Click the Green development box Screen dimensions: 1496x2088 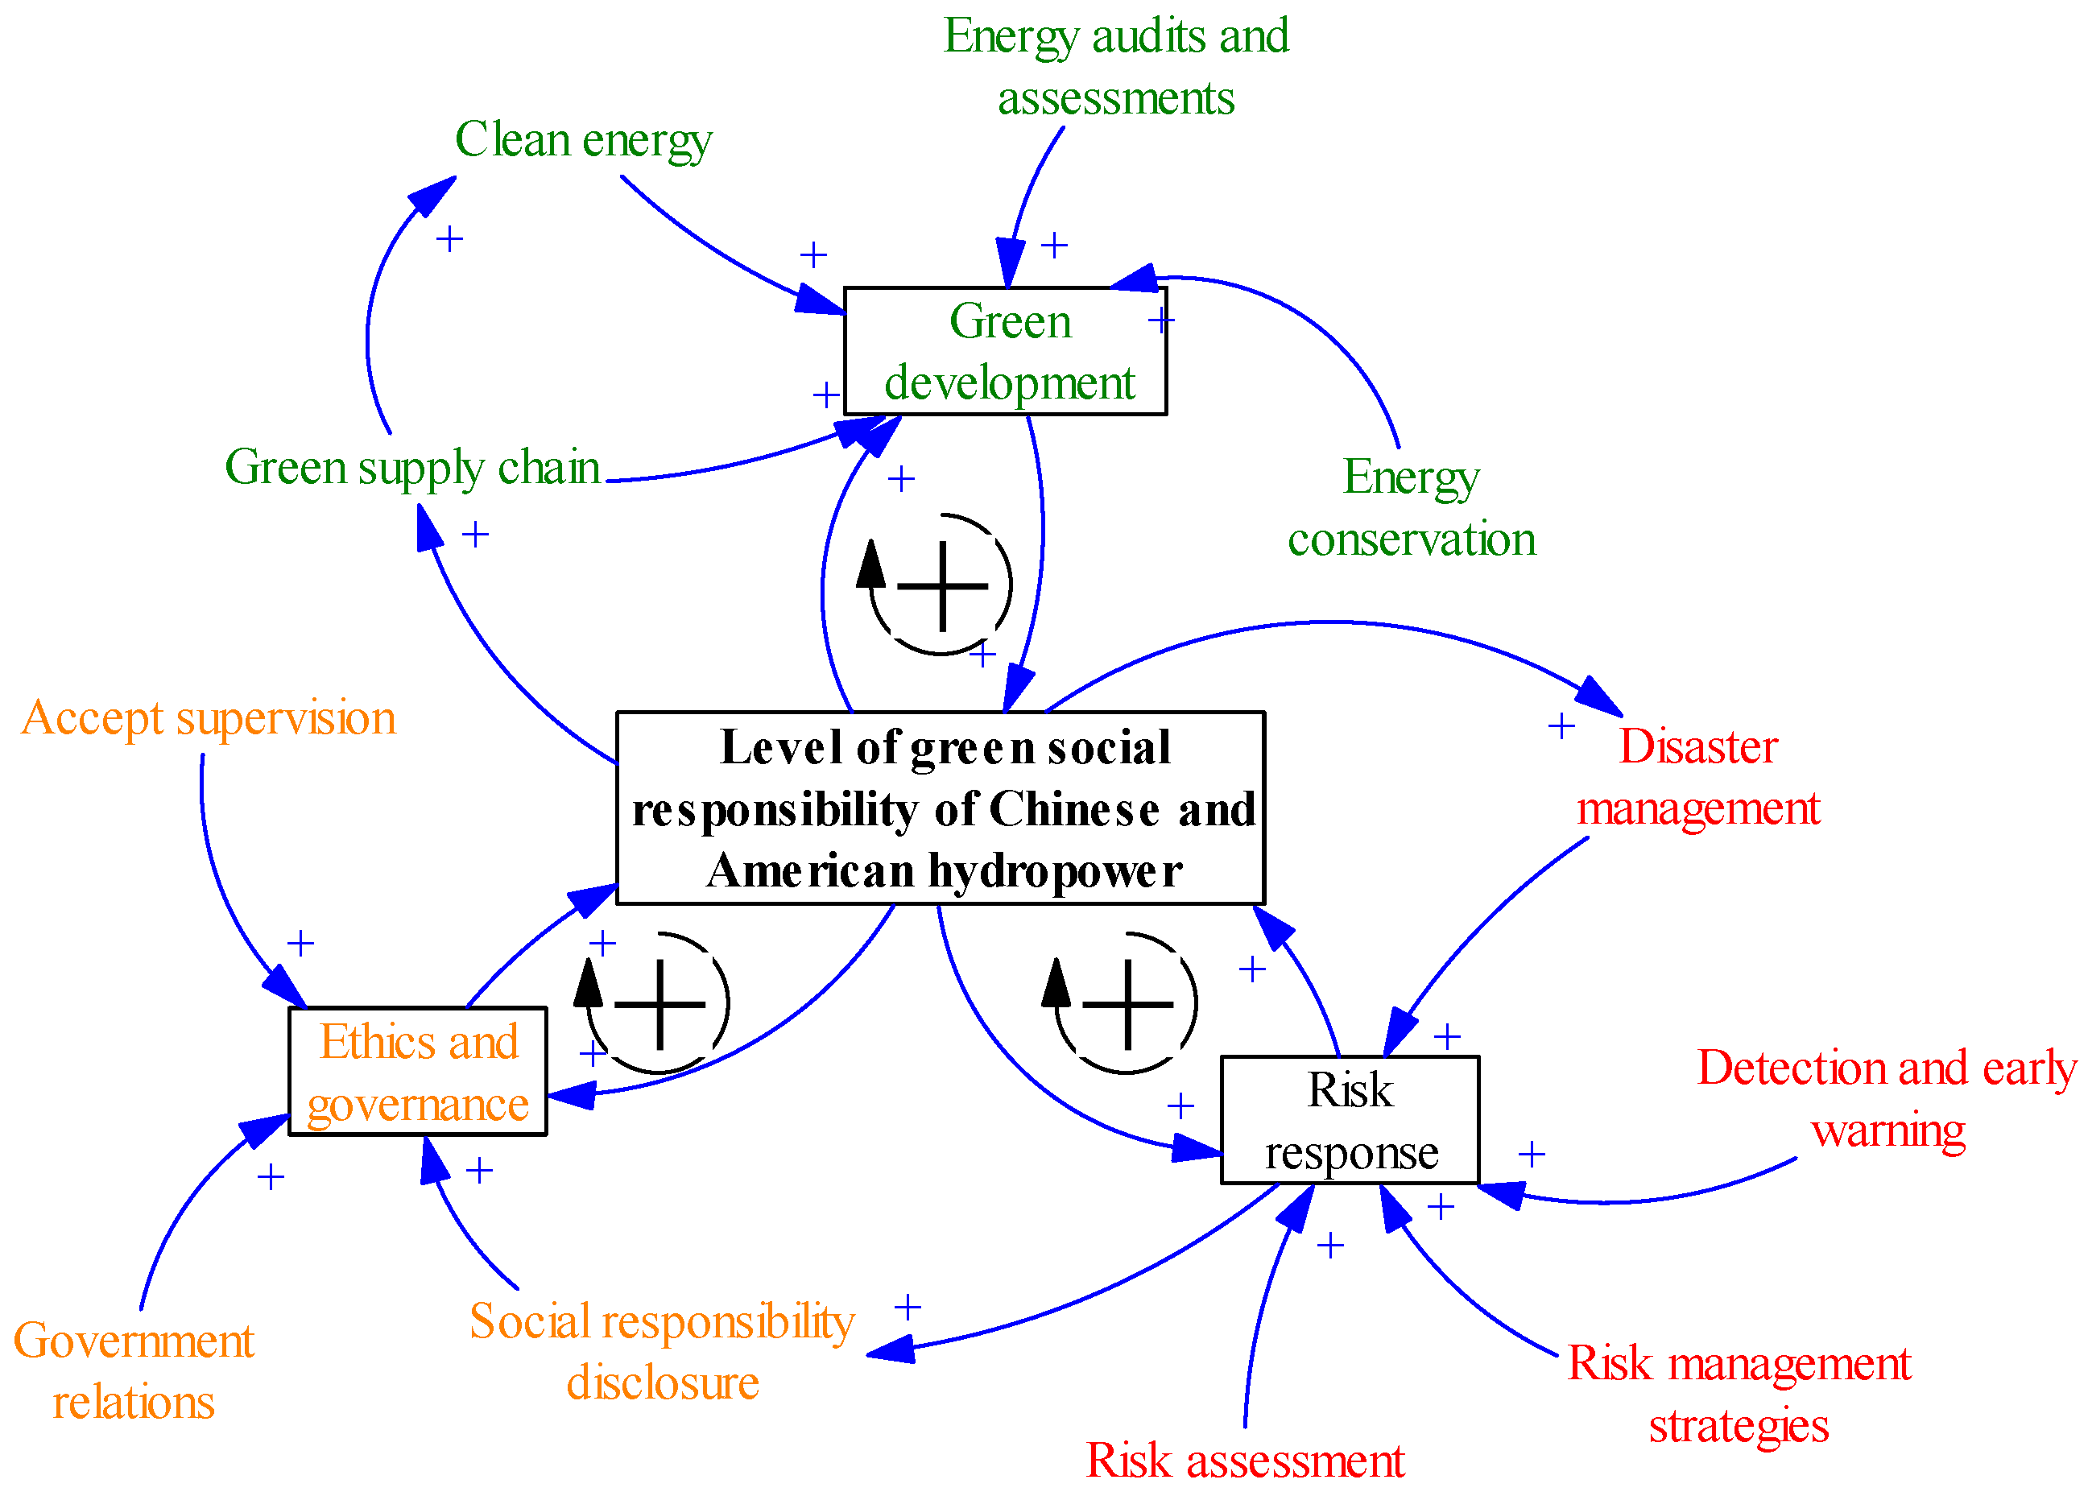click(x=1005, y=351)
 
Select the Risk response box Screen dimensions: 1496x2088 click(x=1350, y=1120)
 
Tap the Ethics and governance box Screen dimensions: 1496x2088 click(x=418, y=1072)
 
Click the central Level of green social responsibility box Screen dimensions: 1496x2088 click(x=940, y=808)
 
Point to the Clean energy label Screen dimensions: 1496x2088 click(x=583, y=140)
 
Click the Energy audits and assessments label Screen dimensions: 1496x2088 click(x=1116, y=66)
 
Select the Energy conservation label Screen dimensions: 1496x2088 click(x=1412, y=507)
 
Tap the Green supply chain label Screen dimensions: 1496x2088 click(x=412, y=467)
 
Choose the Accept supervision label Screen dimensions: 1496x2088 click(x=208, y=717)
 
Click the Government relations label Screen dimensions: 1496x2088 click(x=134, y=1370)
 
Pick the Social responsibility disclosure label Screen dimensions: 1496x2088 click(x=662, y=1350)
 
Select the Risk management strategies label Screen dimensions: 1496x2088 click(x=1739, y=1394)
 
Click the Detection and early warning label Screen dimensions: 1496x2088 click(x=1887, y=1098)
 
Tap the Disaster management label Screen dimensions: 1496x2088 click(x=1697, y=776)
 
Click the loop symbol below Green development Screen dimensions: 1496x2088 click(x=941, y=585)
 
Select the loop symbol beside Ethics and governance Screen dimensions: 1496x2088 click(x=658, y=1003)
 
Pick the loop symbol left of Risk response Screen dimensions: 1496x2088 click(x=1126, y=1003)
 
